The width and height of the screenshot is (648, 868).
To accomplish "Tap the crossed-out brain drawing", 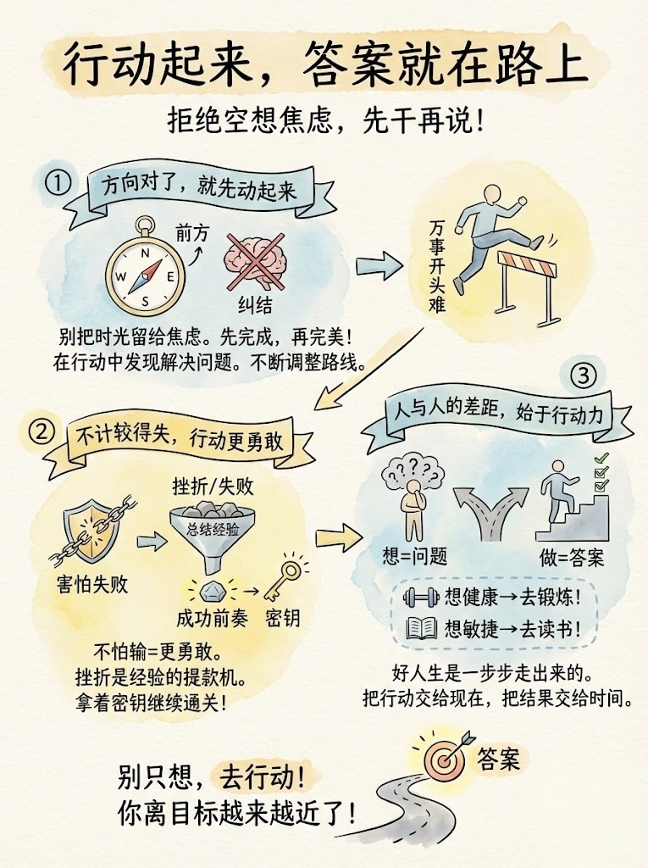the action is pos(255,261).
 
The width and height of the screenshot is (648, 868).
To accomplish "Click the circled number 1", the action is pos(58,183).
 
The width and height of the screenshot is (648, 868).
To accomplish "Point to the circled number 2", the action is pos(42,431).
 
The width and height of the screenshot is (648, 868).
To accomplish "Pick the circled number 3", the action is pos(584,376).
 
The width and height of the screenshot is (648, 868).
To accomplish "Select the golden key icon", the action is pos(283,579).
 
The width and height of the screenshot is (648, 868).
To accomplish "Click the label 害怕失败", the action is pos(92,584).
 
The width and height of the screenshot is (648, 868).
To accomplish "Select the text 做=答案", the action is pos(572,557).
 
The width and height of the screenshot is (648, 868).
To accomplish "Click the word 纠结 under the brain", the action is pos(255,305).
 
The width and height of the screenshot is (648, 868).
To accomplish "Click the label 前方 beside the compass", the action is pos(192,232).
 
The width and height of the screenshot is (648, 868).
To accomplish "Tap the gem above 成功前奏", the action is pos(213,592).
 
